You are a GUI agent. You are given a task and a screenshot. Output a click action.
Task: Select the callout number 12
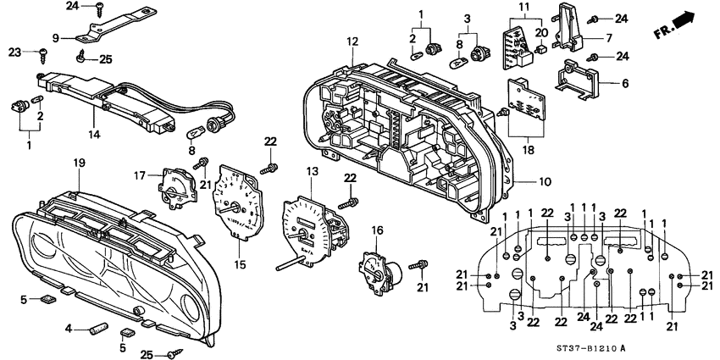click(352, 42)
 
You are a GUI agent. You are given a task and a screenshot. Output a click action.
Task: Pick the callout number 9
click(57, 37)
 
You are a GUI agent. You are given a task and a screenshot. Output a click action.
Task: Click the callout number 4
click(69, 328)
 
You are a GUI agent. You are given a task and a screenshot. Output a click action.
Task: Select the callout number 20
click(541, 33)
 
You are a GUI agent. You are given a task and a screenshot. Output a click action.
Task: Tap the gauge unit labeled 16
click(379, 269)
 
